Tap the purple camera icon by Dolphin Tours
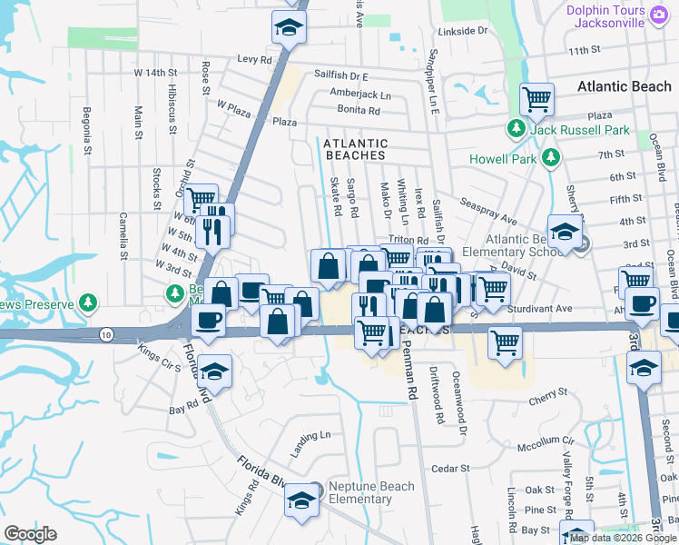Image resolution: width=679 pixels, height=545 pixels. [x=660, y=13]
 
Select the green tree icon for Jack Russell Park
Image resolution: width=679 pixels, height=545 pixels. [x=517, y=130]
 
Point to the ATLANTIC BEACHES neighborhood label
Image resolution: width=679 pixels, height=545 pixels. [x=355, y=150]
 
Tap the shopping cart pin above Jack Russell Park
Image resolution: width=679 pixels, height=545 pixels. [x=536, y=99]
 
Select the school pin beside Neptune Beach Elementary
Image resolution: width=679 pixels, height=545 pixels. [x=301, y=500]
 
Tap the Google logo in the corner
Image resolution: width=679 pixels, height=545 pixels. [x=30, y=534]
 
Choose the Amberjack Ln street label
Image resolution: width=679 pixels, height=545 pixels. [x=359, y=94]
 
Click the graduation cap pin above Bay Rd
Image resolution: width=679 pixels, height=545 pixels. [x=215, y=371]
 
